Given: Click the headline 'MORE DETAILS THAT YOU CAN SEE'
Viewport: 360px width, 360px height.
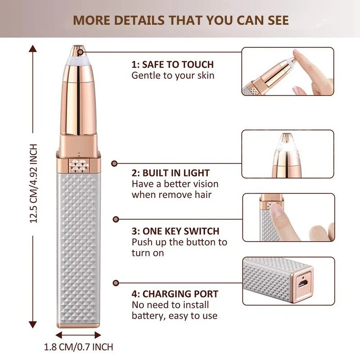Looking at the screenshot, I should click(181, 20).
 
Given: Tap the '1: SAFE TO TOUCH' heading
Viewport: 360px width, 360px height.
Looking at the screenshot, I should click(172, 64).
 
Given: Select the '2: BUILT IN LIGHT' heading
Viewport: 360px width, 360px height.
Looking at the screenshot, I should click(171, 173).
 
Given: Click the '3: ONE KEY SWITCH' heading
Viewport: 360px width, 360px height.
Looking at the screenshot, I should click(175, 231).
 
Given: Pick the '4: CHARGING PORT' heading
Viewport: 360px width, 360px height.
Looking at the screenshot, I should click(175, 294).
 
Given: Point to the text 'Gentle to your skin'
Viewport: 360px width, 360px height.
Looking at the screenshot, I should click(173, 75).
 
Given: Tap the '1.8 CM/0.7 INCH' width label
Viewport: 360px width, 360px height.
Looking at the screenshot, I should click(78, 347).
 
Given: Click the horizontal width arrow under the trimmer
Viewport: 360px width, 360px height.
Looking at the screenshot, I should click(78, 335).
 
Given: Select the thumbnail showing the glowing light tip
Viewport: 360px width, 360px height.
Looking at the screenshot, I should click(288, 154).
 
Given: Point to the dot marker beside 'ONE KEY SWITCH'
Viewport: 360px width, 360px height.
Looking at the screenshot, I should click(116, 219).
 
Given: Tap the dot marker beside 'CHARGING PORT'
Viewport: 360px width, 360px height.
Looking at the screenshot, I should click(116, 283).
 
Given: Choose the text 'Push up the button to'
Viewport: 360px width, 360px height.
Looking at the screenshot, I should click(179, 242).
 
